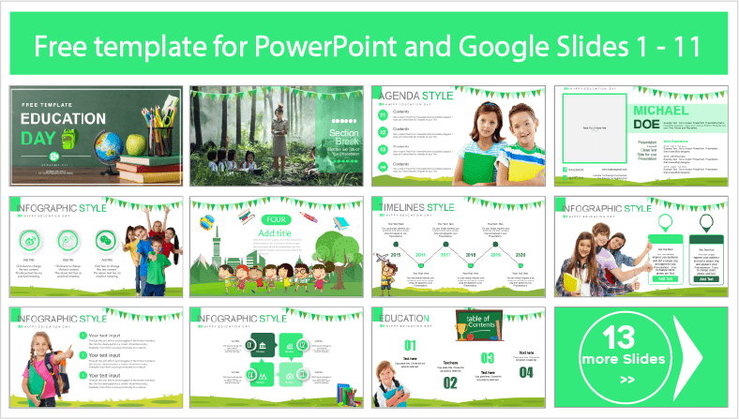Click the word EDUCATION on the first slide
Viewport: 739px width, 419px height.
pos(63,118)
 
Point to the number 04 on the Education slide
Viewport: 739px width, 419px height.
pos(525,373)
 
